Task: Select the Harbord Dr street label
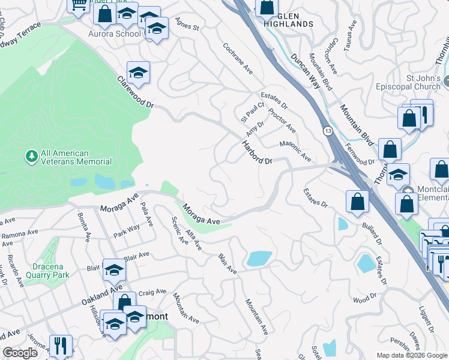pos(258,152)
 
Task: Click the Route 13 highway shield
pos(328,131)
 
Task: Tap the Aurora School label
pos(115,34)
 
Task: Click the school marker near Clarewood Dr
pos(139,74)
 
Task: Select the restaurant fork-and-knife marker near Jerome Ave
pos(61,346)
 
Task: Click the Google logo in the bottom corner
pos(20,353)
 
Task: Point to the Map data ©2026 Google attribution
pos(412,355)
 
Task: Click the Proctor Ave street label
pos(282,120)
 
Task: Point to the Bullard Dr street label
pos(372,234)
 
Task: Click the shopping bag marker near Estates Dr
pos(357,203)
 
